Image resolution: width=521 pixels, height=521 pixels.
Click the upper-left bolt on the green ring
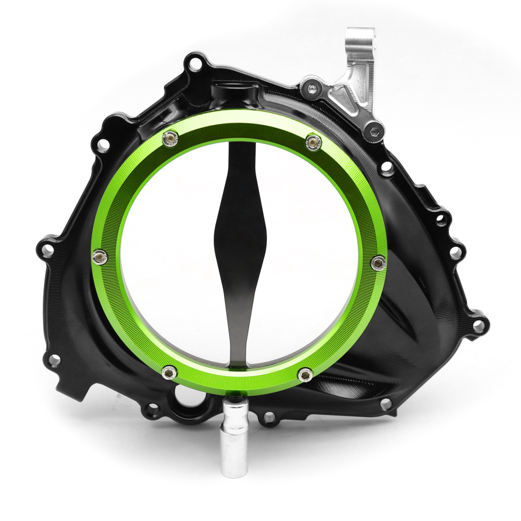pos(170,138)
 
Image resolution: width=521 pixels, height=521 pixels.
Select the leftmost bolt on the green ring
pos(100,256)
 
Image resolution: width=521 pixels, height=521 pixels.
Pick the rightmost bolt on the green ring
pos(379,263)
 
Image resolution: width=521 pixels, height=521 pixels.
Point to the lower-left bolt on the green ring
pos(168,372)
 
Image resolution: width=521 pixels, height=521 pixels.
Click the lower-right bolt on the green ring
pos(305,374)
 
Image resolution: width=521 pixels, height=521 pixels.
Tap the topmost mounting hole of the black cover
pos(194,65)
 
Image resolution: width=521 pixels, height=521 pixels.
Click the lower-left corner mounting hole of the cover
pos(54,359)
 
